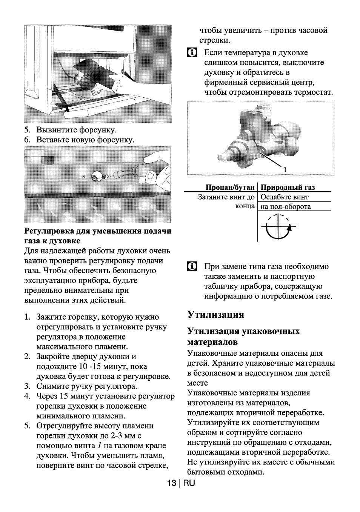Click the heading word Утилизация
[x=215, y=315]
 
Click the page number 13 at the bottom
[x=172, y=483]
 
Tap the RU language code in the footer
[x=189, y=483]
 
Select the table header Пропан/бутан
[x=230, y=188]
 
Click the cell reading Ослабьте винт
[x=285, y=197]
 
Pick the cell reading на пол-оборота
[x=286, y=206]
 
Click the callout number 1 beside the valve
[x=285, y=169]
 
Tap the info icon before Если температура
[x=192, y=52]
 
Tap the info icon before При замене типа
[x=192, y=266]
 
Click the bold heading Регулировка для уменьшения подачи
[x=98, y=231]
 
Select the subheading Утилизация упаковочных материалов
[x=243, y=336]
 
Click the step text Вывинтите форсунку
[x=77, y=130]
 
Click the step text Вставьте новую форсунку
[x=85, y=140]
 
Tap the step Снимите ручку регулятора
[x=86, y=386]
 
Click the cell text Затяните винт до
[x=226, y=197]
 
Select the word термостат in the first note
[x=313, y=92]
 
